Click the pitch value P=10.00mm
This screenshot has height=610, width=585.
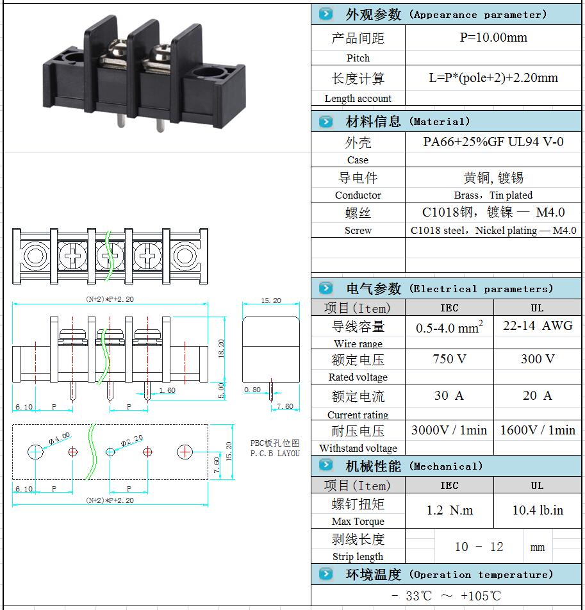click(493, 38)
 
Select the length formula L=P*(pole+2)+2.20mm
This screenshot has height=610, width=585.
click(493, 78)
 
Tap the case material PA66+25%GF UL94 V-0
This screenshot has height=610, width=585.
click(493, 142)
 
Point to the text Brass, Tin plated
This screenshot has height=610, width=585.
click(493, 195)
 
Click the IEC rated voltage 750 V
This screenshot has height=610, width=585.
click(449, 359)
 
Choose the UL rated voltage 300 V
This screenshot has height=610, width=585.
click(538, 359)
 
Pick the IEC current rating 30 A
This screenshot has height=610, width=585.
click(449, 396)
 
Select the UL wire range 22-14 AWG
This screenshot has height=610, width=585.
click(538, 326)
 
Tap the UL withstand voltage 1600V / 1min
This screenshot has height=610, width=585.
click(538, 430)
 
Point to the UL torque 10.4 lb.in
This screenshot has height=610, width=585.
click(538, 510)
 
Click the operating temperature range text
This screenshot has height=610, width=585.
click(447, 595)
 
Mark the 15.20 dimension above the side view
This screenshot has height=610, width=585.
click(271, 301)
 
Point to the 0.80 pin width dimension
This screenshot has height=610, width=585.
click(252, 390)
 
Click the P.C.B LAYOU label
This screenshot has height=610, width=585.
click(275, 454)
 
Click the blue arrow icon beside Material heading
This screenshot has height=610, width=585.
click(326, 121)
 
